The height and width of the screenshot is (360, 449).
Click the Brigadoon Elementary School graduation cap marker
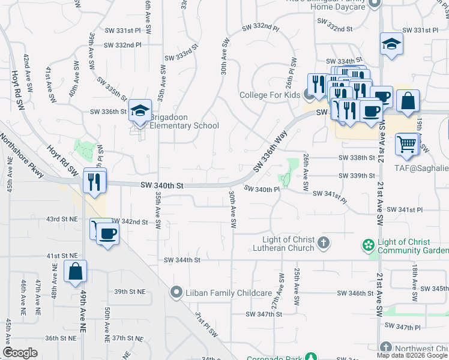(x=140, y=111)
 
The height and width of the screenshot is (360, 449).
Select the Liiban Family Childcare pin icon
(x=176, y=293)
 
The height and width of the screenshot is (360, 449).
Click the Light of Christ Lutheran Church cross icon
(x=324, y=243)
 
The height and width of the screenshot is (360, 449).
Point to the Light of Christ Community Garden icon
(x=368, y=245)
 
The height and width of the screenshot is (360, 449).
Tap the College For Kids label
(x=270, y=95)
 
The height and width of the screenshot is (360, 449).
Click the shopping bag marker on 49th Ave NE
(x=76, y=272)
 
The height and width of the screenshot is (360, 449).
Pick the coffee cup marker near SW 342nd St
(x=108, y=233)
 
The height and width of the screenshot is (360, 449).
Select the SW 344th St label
(x=182, y=260)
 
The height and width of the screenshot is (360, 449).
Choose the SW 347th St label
(x=264, y=314)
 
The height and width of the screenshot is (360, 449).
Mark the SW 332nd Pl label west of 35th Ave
(x=122, y=45)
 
